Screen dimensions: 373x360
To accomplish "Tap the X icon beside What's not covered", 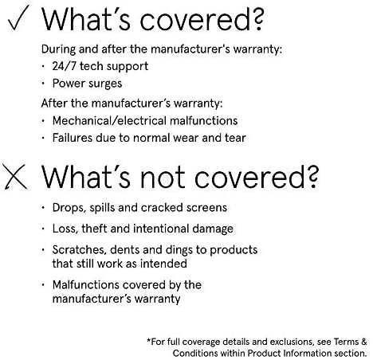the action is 15,177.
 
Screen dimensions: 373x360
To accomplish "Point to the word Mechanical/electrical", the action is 110,121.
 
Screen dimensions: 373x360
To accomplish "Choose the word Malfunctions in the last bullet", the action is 86,285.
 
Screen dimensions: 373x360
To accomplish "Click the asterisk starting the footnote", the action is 149,340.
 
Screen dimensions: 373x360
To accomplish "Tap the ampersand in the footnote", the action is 363,342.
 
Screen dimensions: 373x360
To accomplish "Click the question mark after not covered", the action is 312,176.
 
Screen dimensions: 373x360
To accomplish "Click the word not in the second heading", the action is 163,178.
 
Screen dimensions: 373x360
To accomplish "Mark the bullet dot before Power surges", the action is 43,84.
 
